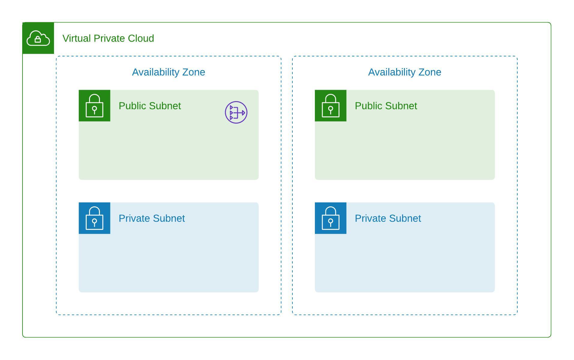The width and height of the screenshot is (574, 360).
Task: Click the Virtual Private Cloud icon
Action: point(38,38)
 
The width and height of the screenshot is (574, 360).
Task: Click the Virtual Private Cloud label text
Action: point(108,38)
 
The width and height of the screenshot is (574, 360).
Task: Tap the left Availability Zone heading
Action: point(169,72)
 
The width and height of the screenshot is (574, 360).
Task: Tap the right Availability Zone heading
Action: point(405,72)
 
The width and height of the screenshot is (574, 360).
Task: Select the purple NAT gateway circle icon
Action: point(236,112)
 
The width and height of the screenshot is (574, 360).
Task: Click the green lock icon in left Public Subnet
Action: point(94,106)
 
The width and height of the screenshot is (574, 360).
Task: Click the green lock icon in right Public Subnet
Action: point(330,106)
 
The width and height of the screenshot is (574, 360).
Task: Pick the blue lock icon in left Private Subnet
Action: point(94,218)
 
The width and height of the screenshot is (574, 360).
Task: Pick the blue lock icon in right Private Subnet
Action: point(330,218)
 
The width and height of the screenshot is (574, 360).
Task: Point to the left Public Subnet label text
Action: point(150,106)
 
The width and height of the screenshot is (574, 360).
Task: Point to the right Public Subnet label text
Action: point(386,106)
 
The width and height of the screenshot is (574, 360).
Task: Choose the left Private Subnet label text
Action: point(152,218)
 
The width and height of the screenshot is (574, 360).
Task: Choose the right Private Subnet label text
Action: point(388,218)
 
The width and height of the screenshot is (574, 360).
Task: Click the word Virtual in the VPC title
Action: point(76,38)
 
